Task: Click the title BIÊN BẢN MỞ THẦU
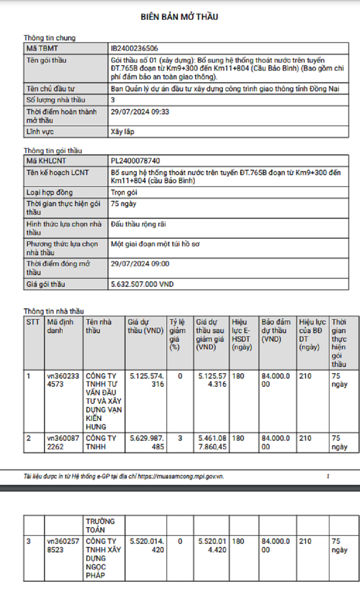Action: (x=180, y=17)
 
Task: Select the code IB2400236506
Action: (x=134, y=48)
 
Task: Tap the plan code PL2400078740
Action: (x=135, y=161)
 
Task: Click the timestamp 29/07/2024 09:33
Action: (x=139, y=112)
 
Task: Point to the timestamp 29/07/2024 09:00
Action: (x=139, y=264)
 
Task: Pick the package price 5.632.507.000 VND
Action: (x=142, y=284)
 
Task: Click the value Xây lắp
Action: (x=122, y=132)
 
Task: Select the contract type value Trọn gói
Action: (x=124, y=193)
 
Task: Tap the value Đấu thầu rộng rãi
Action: (x=138, y=224)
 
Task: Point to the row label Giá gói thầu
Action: (x=45, y=284)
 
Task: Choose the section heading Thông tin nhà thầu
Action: (x=54, y=311)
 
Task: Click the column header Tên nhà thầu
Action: (x=99, y=326)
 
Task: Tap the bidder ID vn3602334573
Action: (x=63, y=380)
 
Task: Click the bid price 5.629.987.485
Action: (x=147, y=442)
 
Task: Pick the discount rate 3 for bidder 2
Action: (x=180, y=438)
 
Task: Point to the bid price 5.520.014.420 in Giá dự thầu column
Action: (x=147, y=545)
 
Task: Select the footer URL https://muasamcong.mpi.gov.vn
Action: (x=180, y=476)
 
